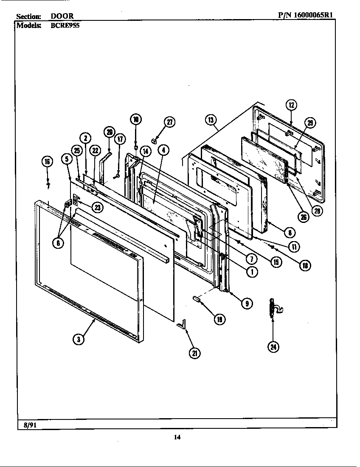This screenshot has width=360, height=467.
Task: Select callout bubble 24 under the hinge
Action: point(273,346)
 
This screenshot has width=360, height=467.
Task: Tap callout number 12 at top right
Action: point(291,105)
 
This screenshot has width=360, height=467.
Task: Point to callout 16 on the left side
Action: point(48,161)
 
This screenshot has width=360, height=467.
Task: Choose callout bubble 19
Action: point(219,320)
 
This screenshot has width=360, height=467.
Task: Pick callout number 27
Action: point(169,122)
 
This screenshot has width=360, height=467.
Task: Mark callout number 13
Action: point(211,120)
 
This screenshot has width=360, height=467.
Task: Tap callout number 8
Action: point(290,232)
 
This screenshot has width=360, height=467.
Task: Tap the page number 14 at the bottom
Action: point(177,438)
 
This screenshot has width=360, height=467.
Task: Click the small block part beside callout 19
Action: point(197,299)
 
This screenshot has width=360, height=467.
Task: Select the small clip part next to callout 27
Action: point(154,139)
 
